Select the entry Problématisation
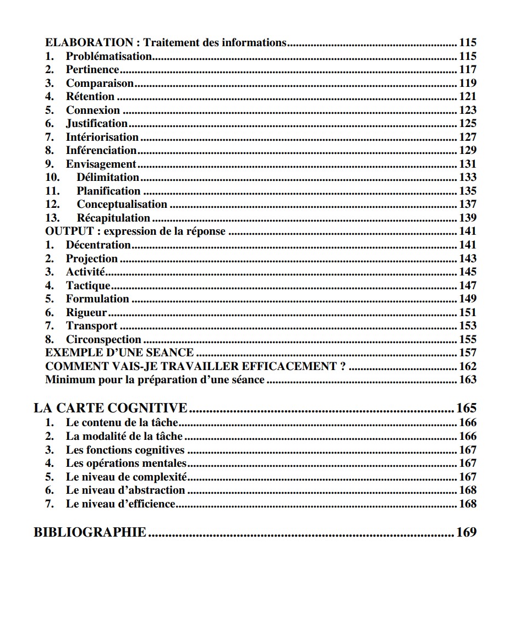[109, 56]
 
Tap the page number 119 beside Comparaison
[468, 83]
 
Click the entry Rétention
[90, 97]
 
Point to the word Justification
[97, 124]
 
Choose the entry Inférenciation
[101, 150]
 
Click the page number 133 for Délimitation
[468, 177]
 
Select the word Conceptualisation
[122, 204]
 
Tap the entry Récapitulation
[113, 218]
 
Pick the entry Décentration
[98, 245]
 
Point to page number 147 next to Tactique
[468, 285]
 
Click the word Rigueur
[86, 312]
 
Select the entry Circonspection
[103, 339]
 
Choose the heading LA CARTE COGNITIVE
[111, 408]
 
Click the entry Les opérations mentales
[126, 464]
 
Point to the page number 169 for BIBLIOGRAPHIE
[466, 532]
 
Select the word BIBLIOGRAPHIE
[90, 532]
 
